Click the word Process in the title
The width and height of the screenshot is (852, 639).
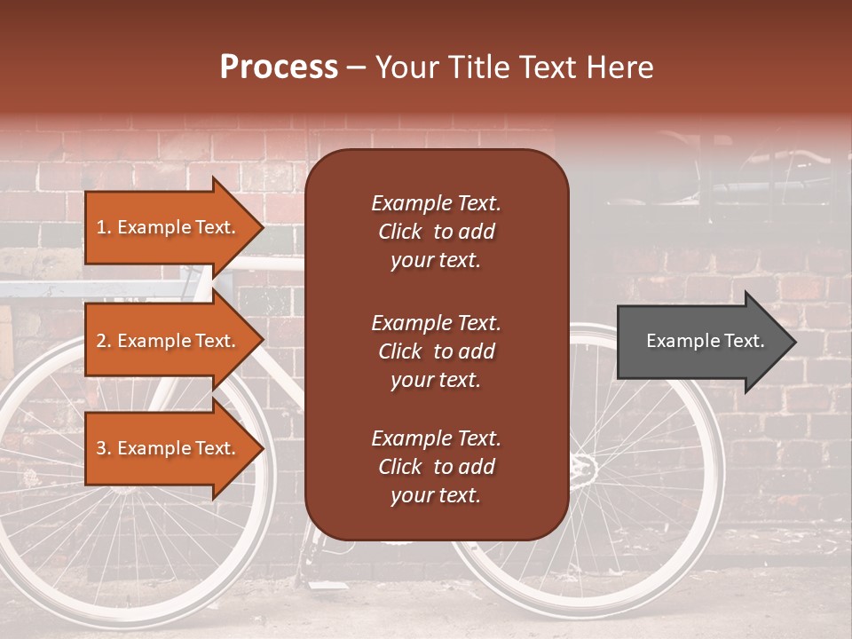[x=279, y=67]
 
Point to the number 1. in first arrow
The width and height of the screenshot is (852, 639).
[x=104, y=227]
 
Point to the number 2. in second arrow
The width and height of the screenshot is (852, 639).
[x=104, y=341]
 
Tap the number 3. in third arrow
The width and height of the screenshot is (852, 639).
[x=104, y=448]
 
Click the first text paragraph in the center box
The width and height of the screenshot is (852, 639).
[x=436, y=232]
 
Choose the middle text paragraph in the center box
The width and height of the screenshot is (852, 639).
[x=436, y=351]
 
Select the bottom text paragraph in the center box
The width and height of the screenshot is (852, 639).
[x=436, y=467]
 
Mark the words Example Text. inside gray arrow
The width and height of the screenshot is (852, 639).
[x=706, y=341]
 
